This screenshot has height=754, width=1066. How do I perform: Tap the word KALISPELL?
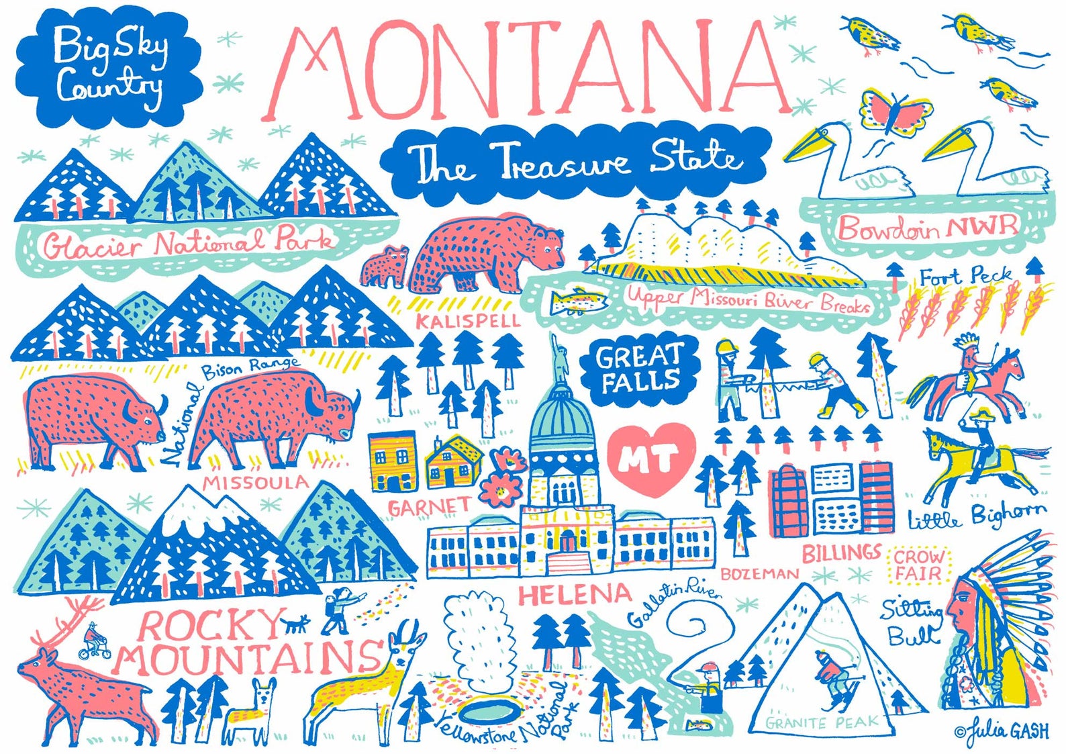coord(468,320)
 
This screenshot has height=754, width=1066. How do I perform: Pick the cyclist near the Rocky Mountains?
coord(90,642)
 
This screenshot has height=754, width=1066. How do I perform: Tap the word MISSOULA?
coord(255,482)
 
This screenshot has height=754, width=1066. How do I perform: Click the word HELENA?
coord(575,594)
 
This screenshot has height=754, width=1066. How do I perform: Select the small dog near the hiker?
coord(294,624)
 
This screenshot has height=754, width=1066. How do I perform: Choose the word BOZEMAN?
coord(759,574)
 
